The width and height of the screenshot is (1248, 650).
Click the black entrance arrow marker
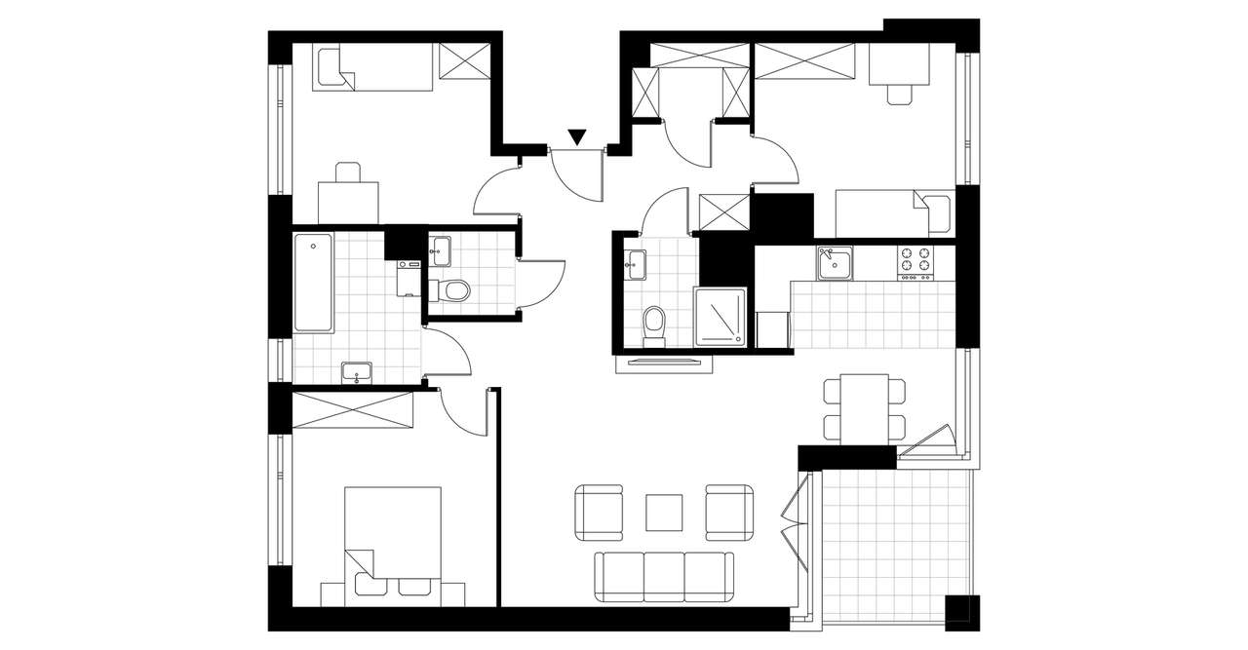(577, 137)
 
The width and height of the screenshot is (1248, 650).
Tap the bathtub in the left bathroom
(313, 283)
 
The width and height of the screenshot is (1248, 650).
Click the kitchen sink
(835, 261)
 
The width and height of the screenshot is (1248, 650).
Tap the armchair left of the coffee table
(599, 513)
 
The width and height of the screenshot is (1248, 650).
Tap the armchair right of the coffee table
(730, 513)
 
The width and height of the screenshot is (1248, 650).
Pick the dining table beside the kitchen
(864, 407)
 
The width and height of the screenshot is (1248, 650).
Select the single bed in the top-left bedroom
(372, 67)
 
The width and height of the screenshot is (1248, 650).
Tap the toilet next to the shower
(654, 324)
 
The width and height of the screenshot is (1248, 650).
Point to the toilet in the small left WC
(453, 289)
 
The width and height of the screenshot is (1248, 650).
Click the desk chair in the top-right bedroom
(901, 94)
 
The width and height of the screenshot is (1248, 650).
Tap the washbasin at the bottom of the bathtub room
(357, 371)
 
